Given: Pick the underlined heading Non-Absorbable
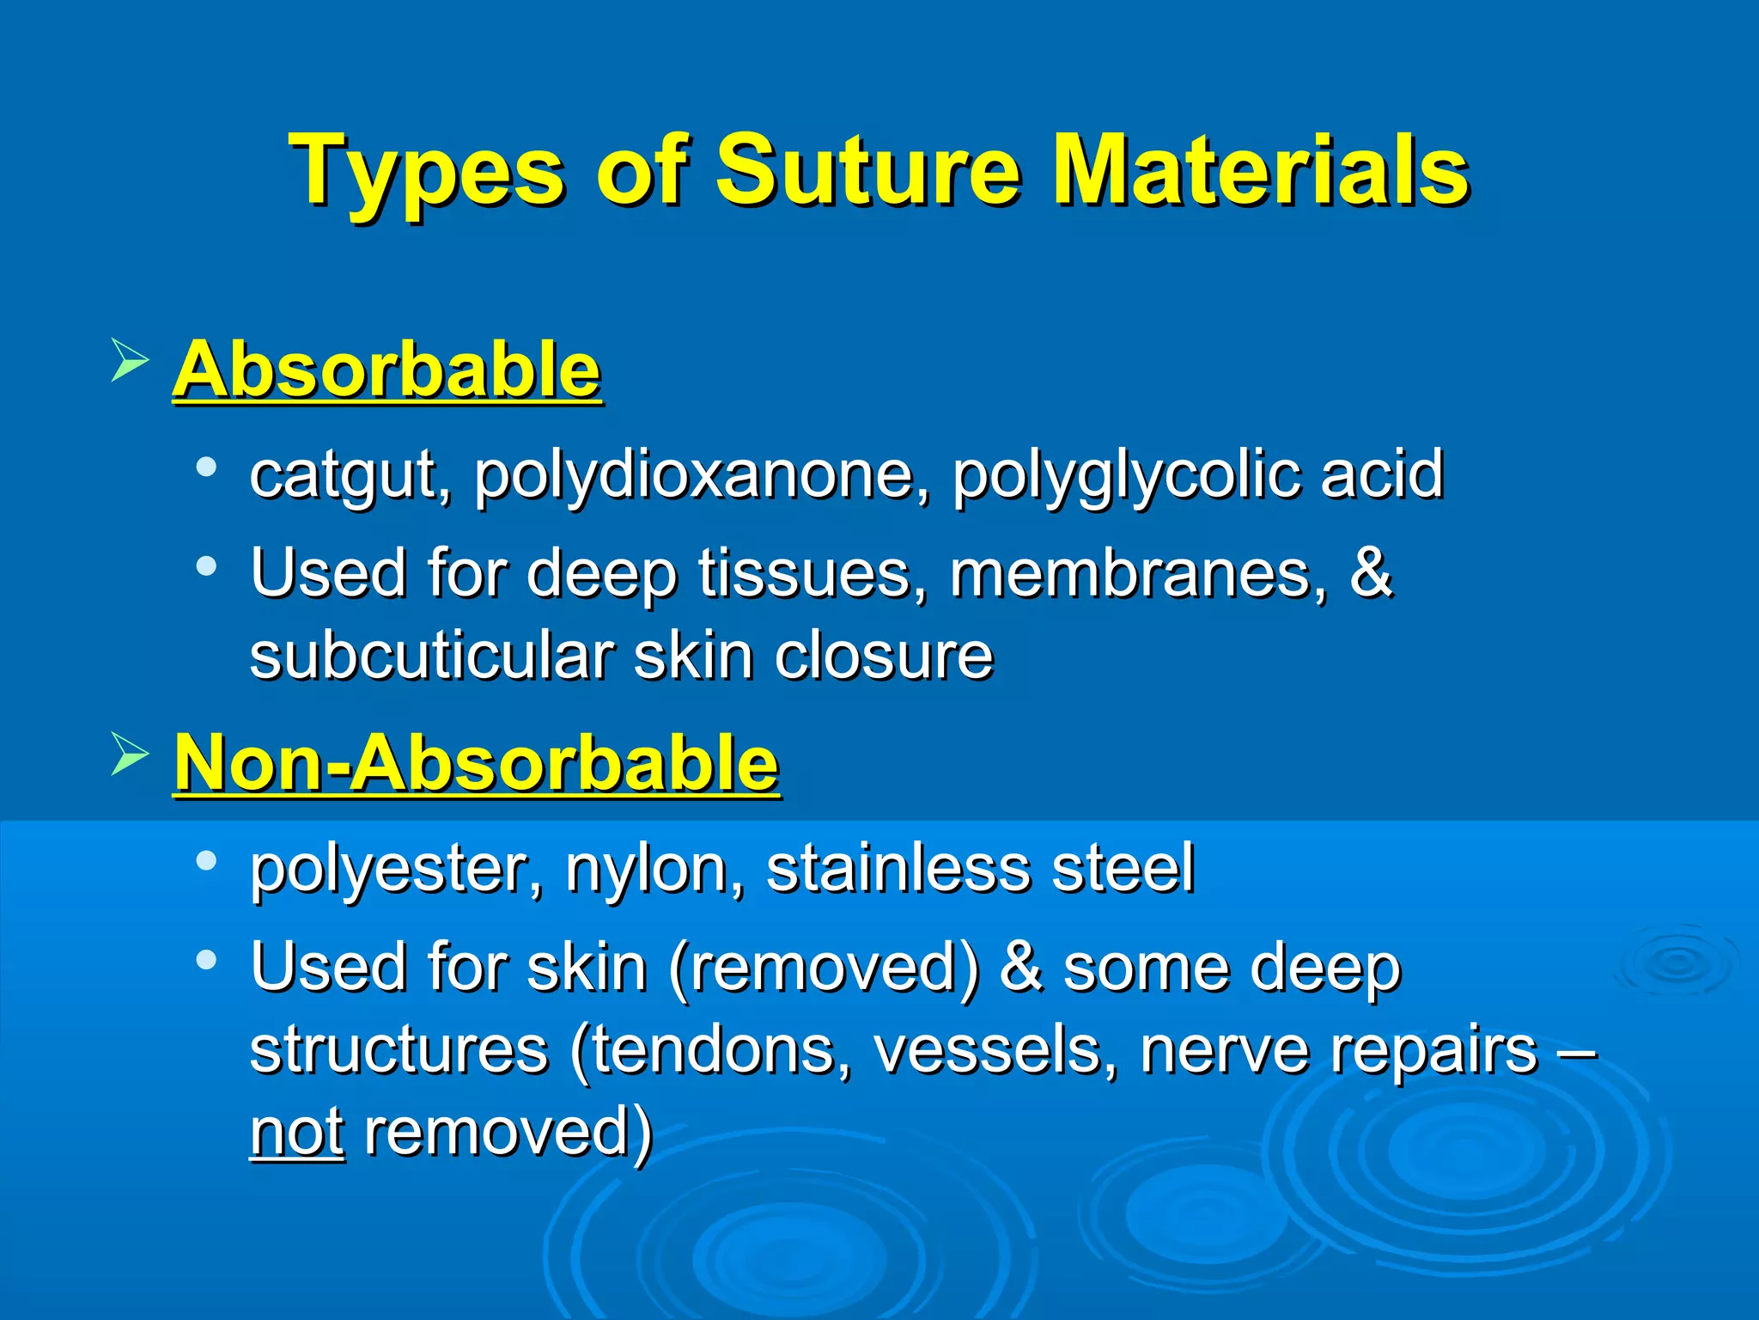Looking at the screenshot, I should pyautogui.click(x=477, y=763).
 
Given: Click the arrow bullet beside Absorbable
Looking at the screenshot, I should pyautogui.click(x=130, y=361).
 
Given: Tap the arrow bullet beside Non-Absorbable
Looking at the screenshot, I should pyautogui.click(x=130, y=755).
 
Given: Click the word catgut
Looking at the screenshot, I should pyautogui.click(x=344, y=475).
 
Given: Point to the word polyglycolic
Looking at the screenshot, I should pyautogui.click(x=1125, y=475).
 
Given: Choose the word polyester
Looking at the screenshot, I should pyautogui.click(x=387, y=869).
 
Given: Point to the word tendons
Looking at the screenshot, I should pyautogui.click(x=713, y=1050).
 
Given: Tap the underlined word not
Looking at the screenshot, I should pyautogui.click(x=297, y=1133).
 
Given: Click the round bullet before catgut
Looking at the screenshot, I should pyautogui.click(x=206, y=467).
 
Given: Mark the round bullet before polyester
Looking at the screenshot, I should pyautogui.click(x=206, y=861).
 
